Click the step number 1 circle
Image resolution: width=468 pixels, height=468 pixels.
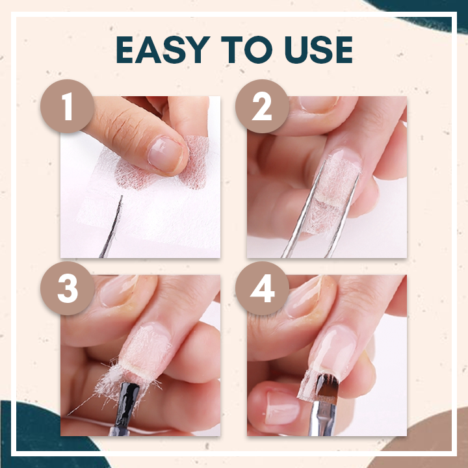pos(68,106)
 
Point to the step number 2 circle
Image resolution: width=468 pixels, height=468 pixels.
pos(262,106)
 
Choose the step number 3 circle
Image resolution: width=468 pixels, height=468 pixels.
pos(68,289)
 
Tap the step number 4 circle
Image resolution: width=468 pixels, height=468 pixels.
pos(262,289)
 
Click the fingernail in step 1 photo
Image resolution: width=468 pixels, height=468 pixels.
pos(166,155)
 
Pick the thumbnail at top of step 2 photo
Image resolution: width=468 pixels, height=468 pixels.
pos(318,104)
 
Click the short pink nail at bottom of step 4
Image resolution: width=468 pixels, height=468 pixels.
pos(281,408)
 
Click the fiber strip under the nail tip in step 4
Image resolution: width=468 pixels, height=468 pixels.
pos(308,385)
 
